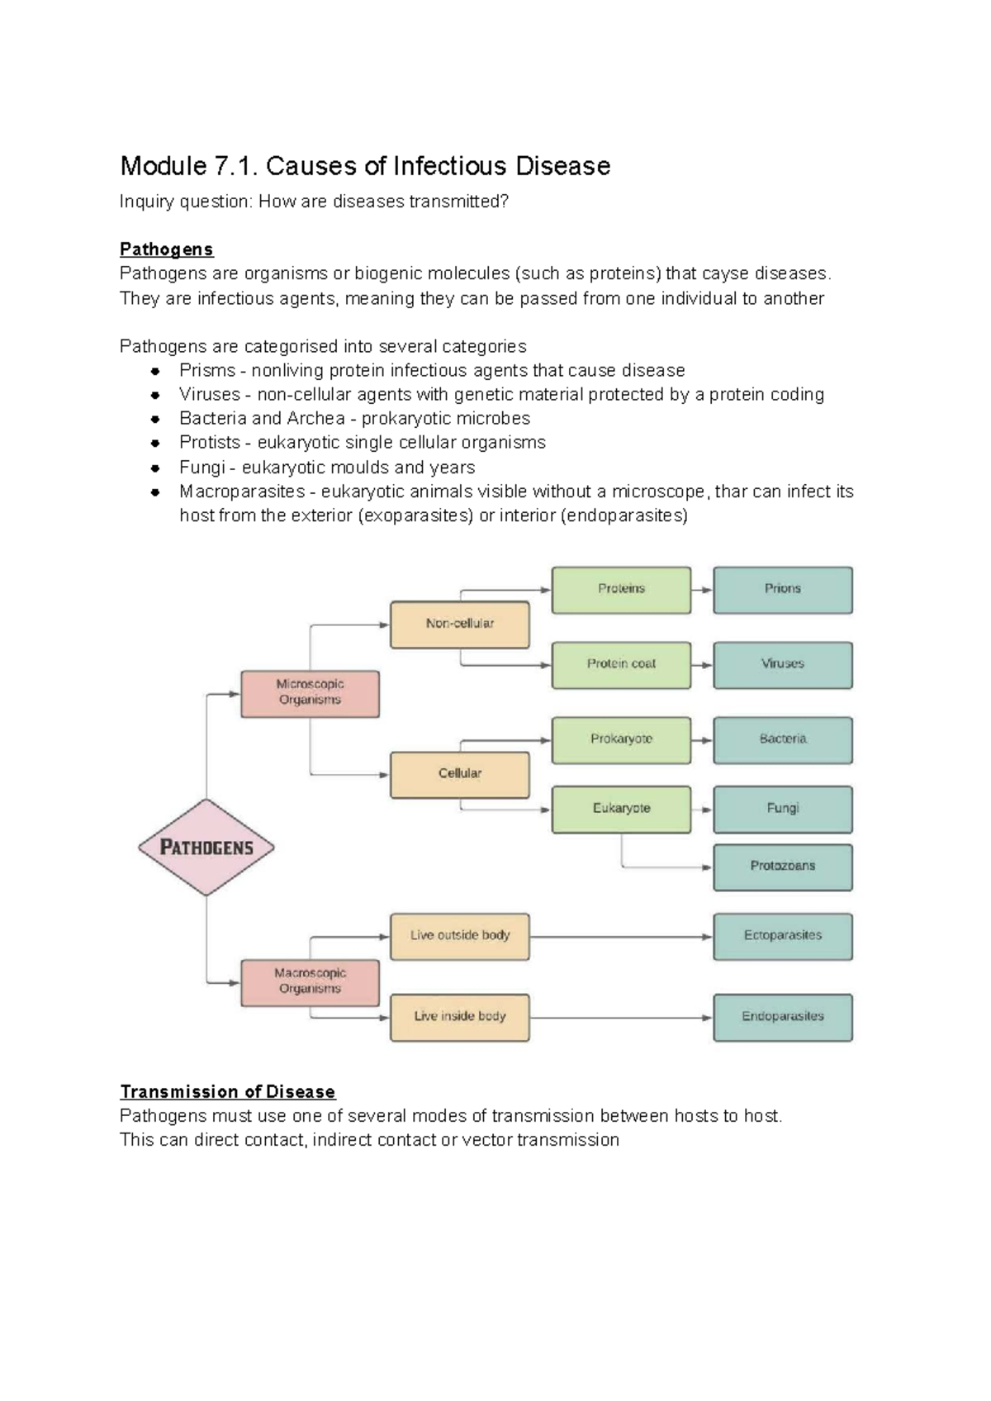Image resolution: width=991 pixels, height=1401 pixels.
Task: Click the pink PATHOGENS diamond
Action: (206, 847)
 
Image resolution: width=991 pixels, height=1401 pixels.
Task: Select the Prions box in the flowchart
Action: (782, 589)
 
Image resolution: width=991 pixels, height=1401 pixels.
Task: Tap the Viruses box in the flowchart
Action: (782, 664)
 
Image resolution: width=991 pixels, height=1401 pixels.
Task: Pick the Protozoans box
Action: (782, 866)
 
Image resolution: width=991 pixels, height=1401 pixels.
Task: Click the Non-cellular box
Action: (459, 624)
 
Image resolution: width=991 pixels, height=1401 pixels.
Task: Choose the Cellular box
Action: (459, 774)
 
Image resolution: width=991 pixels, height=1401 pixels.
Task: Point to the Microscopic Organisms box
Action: (310, 692)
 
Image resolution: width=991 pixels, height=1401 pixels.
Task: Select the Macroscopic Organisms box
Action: (310, 981)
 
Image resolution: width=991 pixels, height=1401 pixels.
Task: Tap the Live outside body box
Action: (459, 936)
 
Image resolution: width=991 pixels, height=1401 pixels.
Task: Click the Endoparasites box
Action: (782, 1017)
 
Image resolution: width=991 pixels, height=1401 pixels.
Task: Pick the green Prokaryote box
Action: (621, 739)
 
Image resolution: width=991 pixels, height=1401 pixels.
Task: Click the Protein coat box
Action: (621, 664)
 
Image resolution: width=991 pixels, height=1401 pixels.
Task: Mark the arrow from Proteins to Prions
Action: (702, 590)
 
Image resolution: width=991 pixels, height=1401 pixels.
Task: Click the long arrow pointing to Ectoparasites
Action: (619, 937)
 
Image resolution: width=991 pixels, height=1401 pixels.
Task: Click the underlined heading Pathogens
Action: (166, 249)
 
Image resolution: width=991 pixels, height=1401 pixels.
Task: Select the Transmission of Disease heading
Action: (227, 1092)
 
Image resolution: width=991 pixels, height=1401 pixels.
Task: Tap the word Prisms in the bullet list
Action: (207, 370)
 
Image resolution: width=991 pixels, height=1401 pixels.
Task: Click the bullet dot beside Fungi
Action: (154, 468)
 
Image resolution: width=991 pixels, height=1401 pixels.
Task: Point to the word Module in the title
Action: (163, 166)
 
